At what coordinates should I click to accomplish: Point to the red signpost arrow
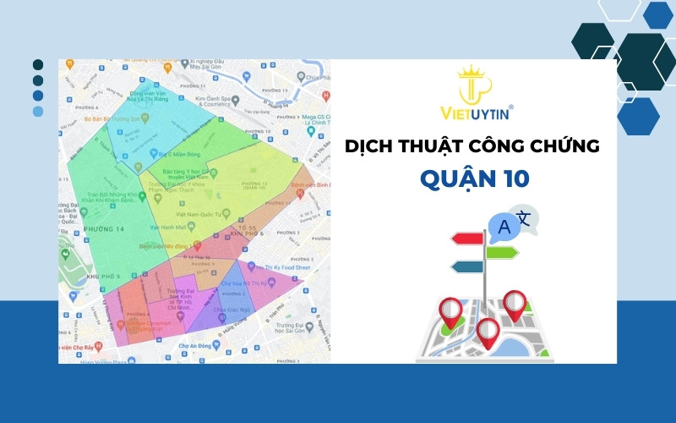466,239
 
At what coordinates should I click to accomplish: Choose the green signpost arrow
502,252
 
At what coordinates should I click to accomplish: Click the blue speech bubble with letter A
505,226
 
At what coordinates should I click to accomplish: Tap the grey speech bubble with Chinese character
527,218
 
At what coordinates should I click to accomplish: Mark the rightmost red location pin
515,305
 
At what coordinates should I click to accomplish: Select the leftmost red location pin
450,311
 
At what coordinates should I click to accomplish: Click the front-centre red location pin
487,332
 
